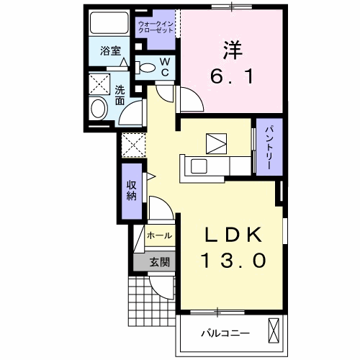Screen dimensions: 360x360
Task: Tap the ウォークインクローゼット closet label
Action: pos(156,28)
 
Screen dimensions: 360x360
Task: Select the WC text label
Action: pos(164,68)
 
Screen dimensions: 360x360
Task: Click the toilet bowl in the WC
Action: pos(145,68)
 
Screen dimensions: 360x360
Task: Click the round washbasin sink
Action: pos(99,109)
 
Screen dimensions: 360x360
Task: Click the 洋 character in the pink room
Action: pos(231,48)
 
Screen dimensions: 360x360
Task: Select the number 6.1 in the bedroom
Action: pos(232,76)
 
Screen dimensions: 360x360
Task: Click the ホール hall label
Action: pos(159,235)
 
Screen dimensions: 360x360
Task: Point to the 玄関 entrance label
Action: pos(160,262)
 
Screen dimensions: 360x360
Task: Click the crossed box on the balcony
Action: pos(274,331)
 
